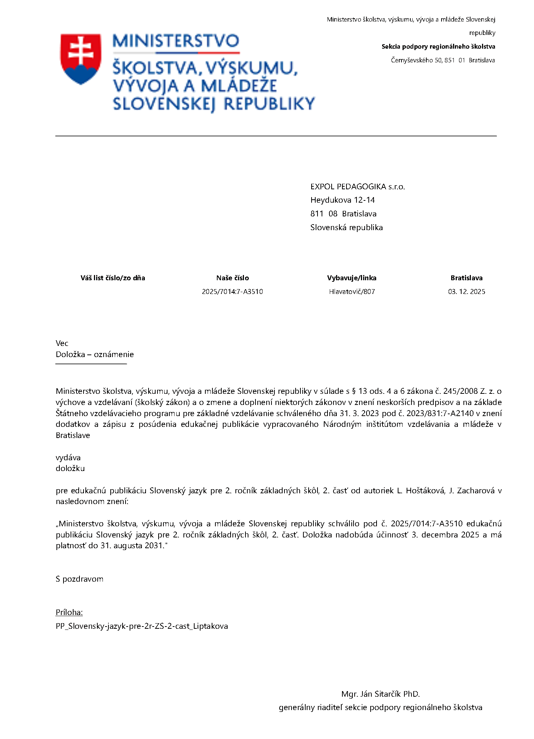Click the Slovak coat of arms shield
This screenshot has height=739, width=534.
point(81,58)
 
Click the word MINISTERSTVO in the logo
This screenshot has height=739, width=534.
point(176,41)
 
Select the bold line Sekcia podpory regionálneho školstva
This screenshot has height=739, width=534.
point(438,46)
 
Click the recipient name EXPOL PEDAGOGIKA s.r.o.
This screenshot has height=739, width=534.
point(357,187)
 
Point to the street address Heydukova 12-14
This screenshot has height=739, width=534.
point(342,200)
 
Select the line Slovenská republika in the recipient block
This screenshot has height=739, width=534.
point(346,228)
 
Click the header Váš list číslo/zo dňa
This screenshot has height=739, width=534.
point(113,278)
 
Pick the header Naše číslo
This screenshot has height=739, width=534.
point(232,278)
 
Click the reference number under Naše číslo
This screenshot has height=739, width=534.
point(232,292)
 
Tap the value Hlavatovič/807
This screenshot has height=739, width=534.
point(352,292)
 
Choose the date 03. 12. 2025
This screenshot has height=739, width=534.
point(466,292)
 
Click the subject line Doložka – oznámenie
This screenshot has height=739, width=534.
point(95,354)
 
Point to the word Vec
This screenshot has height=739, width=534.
point(62,343)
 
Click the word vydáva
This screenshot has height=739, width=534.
point(68,458)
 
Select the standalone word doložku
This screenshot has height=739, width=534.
point(70,468)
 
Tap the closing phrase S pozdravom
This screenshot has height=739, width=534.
point(79,579)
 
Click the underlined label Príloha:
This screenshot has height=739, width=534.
point(69,612)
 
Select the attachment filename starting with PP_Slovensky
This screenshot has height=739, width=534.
point(142,626)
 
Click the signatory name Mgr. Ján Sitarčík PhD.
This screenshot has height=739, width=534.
point(380,694)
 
